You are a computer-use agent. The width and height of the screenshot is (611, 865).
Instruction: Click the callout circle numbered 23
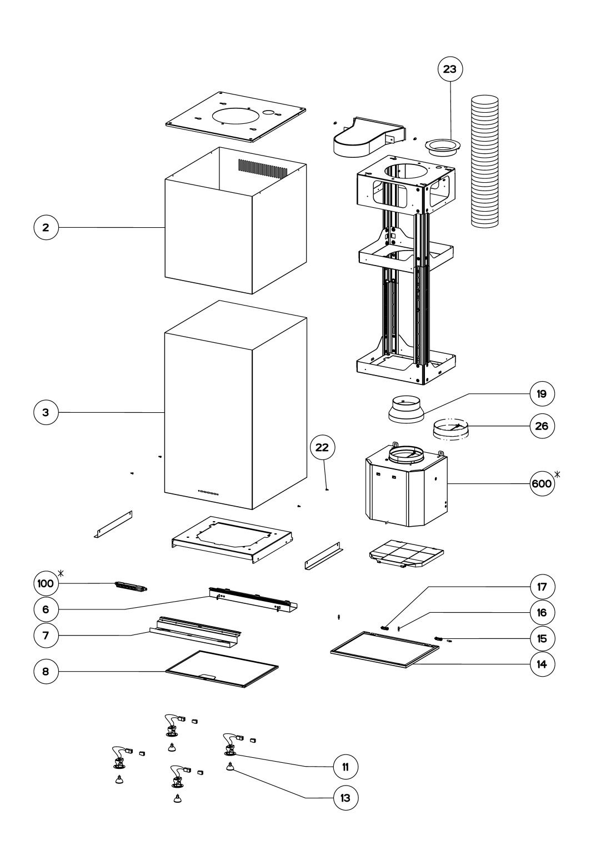[x=450, y=69]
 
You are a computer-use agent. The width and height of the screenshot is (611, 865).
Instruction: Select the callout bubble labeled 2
[x=46, y=227]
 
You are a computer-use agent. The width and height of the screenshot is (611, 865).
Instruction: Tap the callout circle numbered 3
[x=46, y=412]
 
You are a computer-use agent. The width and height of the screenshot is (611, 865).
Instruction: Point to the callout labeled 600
[x=542, y=483]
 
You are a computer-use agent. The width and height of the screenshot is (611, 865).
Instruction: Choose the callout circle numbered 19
[x=542, y=394]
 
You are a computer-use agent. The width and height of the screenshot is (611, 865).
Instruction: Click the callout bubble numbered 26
[x=542, y=426]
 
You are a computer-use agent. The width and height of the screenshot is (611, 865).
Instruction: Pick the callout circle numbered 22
[x=322, y=447]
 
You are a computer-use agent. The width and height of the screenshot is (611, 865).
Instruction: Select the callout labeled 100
[x=46, y=583]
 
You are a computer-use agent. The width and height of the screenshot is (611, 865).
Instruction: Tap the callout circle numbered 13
[x=345, y=798]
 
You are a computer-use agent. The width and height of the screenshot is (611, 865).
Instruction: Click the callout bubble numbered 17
[x=542, y=587]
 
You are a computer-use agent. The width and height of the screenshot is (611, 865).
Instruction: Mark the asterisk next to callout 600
[x=557, y=474]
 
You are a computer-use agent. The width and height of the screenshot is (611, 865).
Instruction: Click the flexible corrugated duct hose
[x=485, y=162]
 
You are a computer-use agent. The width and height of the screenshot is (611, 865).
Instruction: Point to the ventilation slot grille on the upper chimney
[x=263, y=167]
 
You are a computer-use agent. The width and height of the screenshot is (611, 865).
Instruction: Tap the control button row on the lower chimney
[x=208, y=492]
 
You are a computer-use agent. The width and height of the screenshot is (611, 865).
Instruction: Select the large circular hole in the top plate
[x=236, y=116]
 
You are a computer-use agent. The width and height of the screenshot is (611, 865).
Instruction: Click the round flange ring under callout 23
[x=443, y=146]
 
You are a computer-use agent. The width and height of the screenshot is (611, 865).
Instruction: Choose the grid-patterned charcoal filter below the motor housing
[x=407, y=553]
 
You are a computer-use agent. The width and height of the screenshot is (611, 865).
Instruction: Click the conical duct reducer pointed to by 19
[x=406, y=409]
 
